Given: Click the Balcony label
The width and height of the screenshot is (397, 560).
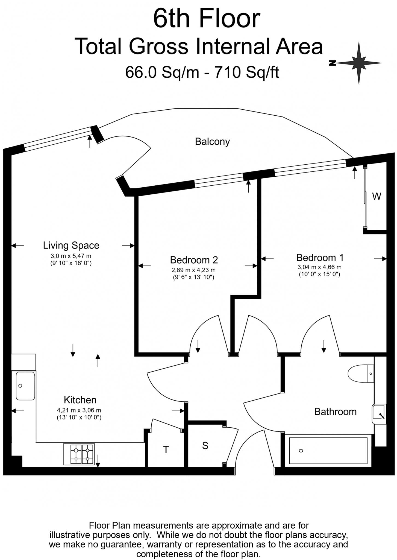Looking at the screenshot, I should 212,142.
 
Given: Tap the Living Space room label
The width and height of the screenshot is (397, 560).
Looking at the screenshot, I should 71,245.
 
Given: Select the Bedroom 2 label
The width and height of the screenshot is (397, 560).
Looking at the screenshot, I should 194,260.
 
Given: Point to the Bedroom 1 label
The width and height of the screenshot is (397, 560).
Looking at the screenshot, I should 320,258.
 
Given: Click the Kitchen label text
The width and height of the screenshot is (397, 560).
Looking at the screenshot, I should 80,400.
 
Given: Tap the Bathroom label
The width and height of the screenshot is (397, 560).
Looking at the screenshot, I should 335,412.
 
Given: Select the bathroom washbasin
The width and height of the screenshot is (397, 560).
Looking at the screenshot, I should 379,414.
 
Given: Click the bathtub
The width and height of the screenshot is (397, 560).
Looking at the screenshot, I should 328,451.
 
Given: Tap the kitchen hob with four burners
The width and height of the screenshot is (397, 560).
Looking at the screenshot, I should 79,454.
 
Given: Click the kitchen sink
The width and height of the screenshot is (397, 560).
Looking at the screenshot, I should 25,386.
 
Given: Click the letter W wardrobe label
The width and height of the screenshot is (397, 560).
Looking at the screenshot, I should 377,196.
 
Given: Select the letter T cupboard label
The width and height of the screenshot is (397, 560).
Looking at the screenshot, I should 166,450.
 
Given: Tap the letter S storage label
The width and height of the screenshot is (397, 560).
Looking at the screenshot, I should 205,446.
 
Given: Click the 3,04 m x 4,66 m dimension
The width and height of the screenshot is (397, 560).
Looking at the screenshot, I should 319,267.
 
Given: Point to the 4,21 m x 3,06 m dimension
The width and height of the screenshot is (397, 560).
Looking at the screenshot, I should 79,410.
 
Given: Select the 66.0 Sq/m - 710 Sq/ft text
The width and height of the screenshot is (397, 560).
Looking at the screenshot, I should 202,72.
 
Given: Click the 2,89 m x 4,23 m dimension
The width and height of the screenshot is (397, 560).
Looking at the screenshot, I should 193,270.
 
